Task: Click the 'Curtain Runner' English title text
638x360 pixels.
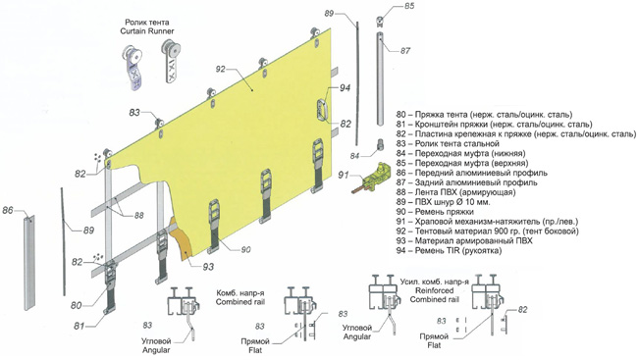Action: click(147, 31)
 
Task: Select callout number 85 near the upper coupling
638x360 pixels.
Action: click(409, 6)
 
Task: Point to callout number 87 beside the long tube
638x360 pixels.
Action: click(405, 51)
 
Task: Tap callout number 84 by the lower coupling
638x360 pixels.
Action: click(354, 156)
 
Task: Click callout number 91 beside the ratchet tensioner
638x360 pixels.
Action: click(344, 175)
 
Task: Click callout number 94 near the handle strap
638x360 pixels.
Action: click(346, 88)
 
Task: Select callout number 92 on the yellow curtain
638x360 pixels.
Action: click(220, 69)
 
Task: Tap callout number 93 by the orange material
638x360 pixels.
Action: click(208, 267)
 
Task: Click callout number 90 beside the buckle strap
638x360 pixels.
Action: click(245, 249)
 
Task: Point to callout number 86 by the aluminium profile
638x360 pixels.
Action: click(8, 211)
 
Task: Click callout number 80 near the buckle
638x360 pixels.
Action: click(77, 305)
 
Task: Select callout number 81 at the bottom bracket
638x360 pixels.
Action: click(79, 326)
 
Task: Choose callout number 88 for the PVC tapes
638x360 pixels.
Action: click(138, 215)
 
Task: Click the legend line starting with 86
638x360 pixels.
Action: click(471, 173)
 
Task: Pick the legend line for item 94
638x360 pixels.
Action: click(449, 250)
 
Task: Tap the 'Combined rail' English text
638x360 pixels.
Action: click(240, 302)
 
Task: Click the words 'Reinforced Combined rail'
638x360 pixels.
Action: click(434, 295)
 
